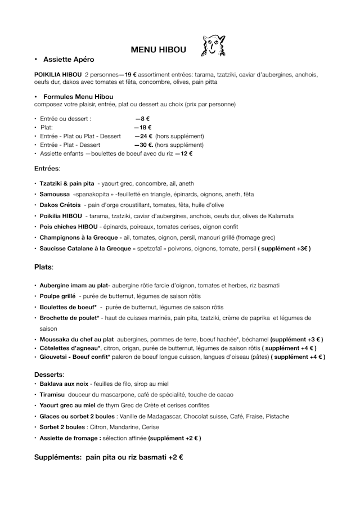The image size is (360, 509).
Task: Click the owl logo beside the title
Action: [x=213, y=47]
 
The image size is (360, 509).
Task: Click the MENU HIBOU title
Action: [x=158, y=49]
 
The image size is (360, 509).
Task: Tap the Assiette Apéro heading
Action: [x=69, y=59]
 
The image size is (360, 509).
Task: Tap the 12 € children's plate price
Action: [x=186, y=154]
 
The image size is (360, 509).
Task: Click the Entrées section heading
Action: [x=47, y=168]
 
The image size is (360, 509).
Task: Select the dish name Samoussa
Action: [x=55, y=194]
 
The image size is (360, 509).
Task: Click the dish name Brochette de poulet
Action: [x=69, y=318]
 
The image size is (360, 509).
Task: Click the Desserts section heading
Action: [x=49, y=373]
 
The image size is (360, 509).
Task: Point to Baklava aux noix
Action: [x=64, y=384]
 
